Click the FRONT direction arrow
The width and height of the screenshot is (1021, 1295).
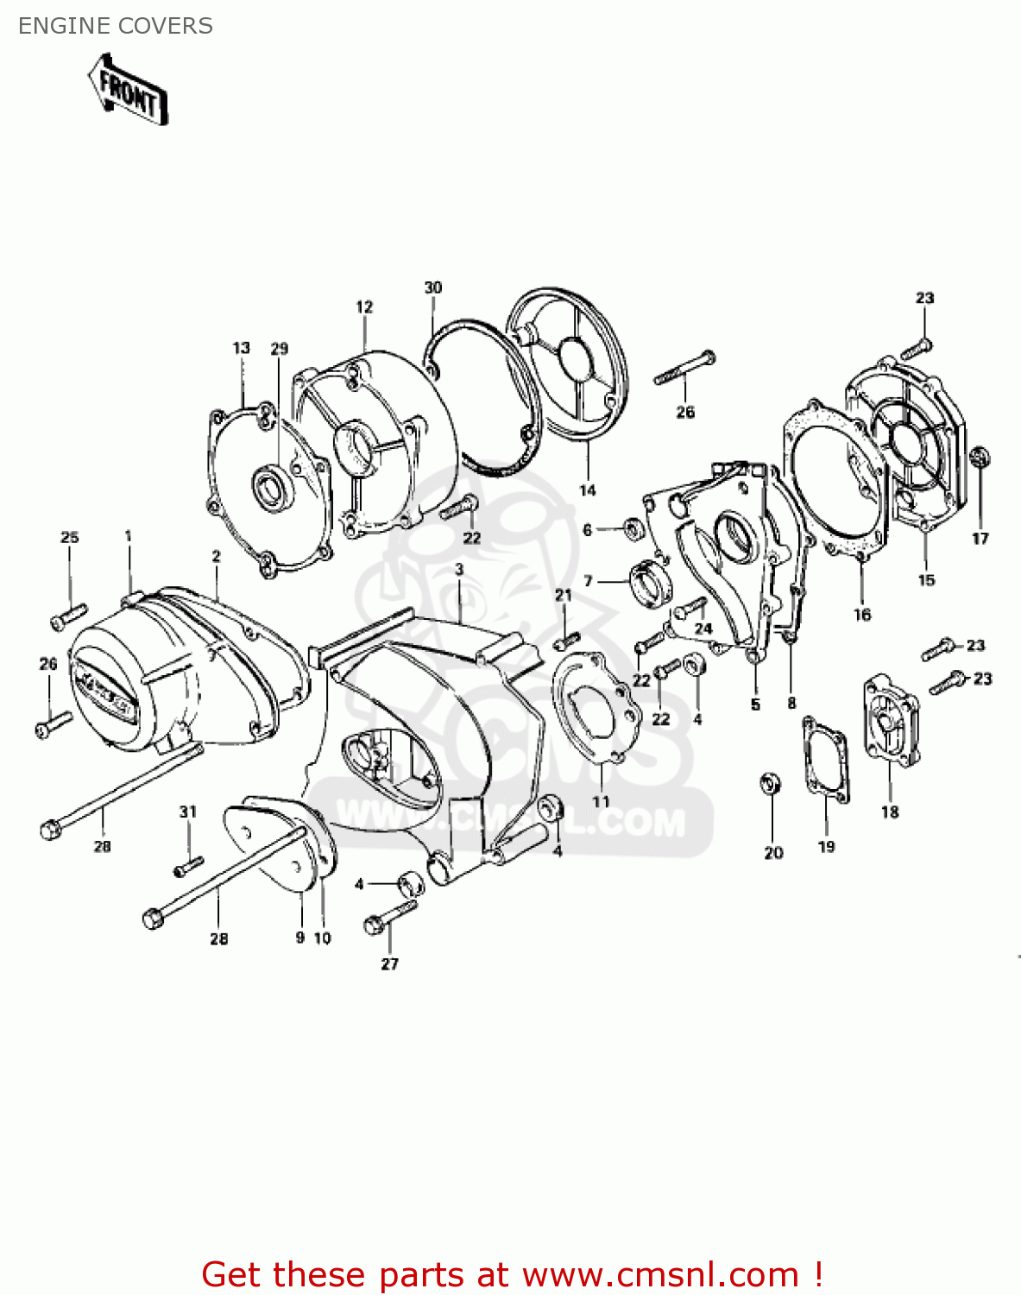[128, 90]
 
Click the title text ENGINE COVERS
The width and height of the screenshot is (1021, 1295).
[116, 26]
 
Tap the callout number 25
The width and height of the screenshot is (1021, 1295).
[70, 537]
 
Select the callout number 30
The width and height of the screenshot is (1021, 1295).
[433, 287]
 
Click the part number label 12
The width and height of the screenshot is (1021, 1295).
[364, 306]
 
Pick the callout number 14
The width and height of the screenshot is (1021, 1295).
[588, 490]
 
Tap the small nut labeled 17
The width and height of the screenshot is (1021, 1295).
[980, 457]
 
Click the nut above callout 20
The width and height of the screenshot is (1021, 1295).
[771, 784]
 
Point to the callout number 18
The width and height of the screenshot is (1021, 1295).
[890, 812]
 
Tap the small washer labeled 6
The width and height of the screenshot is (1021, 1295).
[632, 527]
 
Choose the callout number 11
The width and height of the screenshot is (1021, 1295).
[601, 801]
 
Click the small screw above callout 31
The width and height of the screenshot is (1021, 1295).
[189, 865]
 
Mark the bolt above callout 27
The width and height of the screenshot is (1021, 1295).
[390, 917]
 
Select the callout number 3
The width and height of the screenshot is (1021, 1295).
[459, 569]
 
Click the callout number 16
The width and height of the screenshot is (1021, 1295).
[862, 615]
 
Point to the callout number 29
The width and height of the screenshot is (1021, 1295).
[279, 349]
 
